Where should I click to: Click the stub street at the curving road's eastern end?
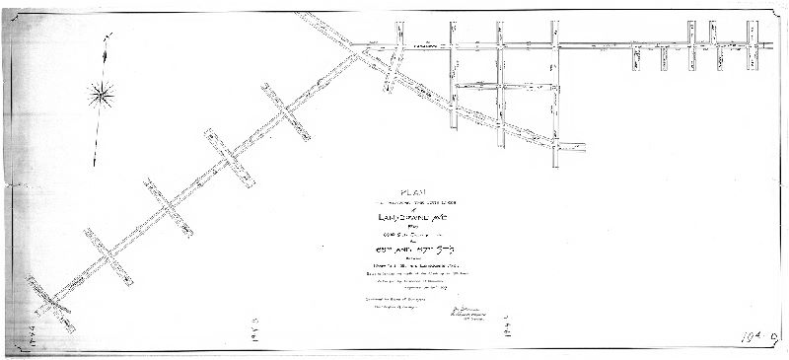click(x=571, y=148)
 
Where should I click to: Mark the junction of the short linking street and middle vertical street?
click(x=501, y=87)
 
